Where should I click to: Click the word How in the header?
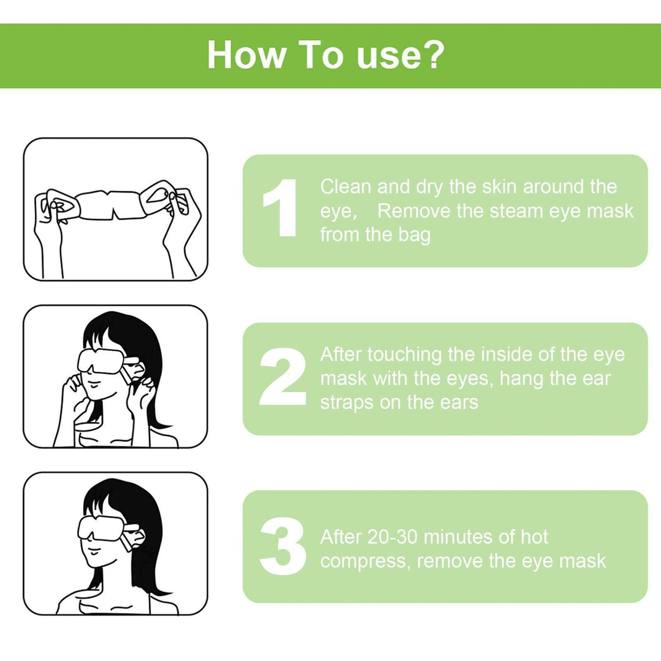click(x=247, y=55)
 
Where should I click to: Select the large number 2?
click(x=282, y=377)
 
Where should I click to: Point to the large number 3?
click(x=283, y=546)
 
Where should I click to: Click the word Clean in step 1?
click(x=345, y=187)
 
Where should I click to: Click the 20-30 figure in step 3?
click(x=392, y=537)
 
